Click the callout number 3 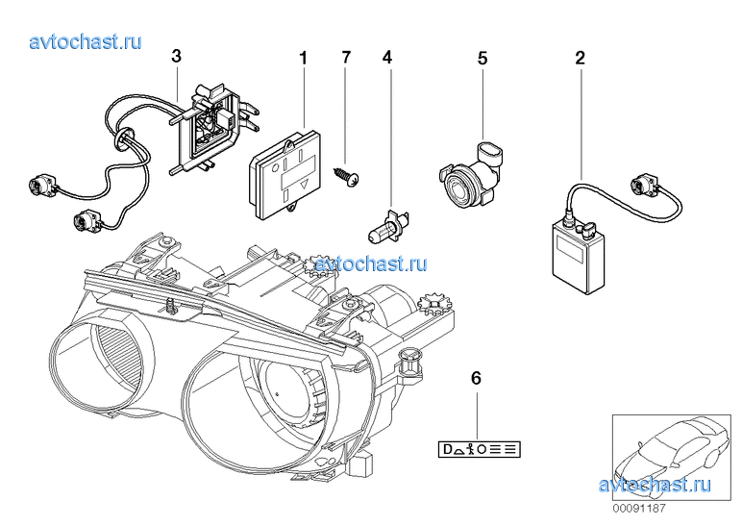point(176,57)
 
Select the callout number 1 point(304,58)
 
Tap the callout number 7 point(346,58)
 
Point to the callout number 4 point(387,58)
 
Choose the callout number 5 point(482,58)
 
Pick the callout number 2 point(580,58)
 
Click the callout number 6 point(475,377)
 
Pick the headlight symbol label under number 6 point(478,421)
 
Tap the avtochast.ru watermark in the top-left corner point(86,41)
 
